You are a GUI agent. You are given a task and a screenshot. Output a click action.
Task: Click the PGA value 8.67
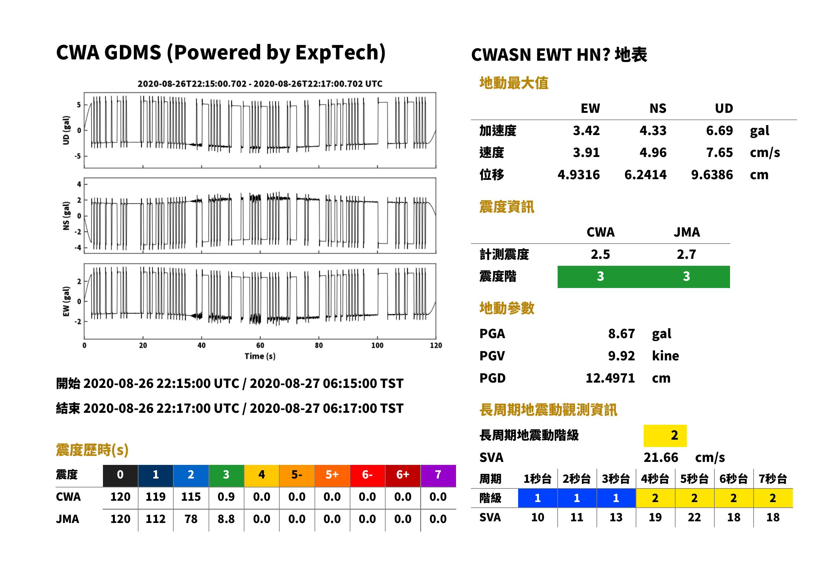(621, 333)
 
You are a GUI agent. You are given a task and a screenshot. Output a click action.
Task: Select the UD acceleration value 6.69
(719, 130)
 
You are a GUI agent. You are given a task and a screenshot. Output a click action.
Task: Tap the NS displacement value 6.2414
(645, 175)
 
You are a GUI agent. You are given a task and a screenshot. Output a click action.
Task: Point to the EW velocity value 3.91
(586, 152)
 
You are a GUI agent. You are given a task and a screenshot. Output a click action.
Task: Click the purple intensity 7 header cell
(438, 475)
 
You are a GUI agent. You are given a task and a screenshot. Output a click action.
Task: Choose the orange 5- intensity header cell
(297, 475)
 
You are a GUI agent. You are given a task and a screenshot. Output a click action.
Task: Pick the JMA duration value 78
(191, 519)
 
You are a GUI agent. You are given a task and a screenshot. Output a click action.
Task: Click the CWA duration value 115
(191, 497)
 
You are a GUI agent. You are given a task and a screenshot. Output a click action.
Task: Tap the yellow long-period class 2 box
(665, 436)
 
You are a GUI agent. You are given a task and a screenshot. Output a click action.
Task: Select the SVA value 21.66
(661, 458)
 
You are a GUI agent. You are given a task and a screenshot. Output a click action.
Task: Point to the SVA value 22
(694, 517)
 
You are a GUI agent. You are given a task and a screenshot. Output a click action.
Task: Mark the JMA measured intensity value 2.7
(686, 254)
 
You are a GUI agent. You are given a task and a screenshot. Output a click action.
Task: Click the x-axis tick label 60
(260, 345)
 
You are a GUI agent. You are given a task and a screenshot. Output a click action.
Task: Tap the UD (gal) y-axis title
(66, 130)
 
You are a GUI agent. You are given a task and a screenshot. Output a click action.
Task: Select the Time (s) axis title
(260, 356)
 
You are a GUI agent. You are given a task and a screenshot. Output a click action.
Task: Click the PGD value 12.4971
(610, 378)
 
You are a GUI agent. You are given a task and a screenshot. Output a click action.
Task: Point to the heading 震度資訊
(506, 207)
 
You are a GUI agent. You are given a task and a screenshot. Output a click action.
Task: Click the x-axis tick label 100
(377, 345)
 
